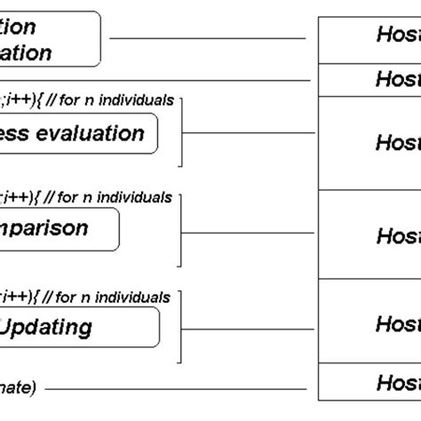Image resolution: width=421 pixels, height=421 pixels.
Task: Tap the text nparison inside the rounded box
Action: pos(44,228)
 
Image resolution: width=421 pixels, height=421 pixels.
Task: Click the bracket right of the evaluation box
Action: pos(182,134)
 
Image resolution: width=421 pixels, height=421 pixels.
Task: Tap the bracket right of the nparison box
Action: pos(182,233)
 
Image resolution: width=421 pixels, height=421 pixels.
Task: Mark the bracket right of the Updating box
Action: pos(182,329)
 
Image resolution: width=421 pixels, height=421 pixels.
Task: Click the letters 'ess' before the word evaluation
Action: pos(18,134)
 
